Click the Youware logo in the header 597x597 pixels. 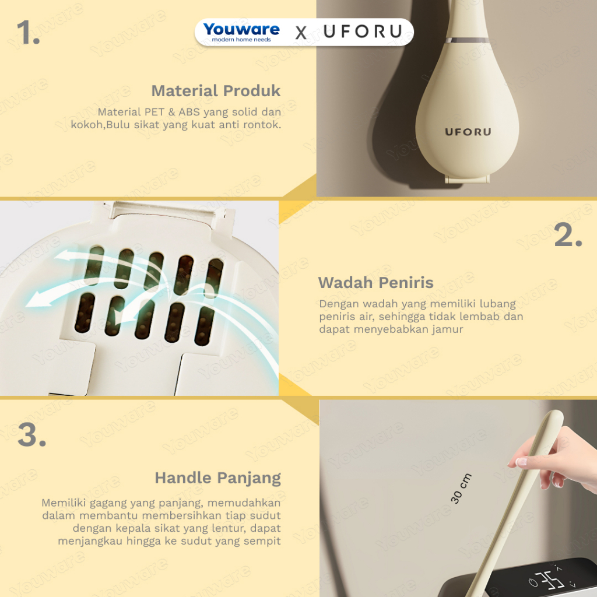click(x=241, y=32)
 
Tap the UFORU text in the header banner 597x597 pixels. click(x=363, y=31)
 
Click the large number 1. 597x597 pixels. click(x=28, y=33)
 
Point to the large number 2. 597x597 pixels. click(x=568, y=234)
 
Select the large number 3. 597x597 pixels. click(x=32, y=434)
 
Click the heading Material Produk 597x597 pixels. click(x=216, y=90)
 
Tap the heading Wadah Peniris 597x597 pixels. click(x=376, y=283)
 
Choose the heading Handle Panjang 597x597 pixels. click(x=218, y=478)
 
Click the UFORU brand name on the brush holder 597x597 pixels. click(x=468, y=132)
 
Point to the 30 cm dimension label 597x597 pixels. click(x=461, y=489)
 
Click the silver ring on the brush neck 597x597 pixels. click(x=468, y=40)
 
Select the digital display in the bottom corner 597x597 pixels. click(x=540, y=579)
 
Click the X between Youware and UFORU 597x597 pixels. click(x=301, y=33)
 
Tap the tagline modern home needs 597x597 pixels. click(x=241, y=40)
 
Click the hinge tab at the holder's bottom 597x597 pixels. click(x=467, y=179)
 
